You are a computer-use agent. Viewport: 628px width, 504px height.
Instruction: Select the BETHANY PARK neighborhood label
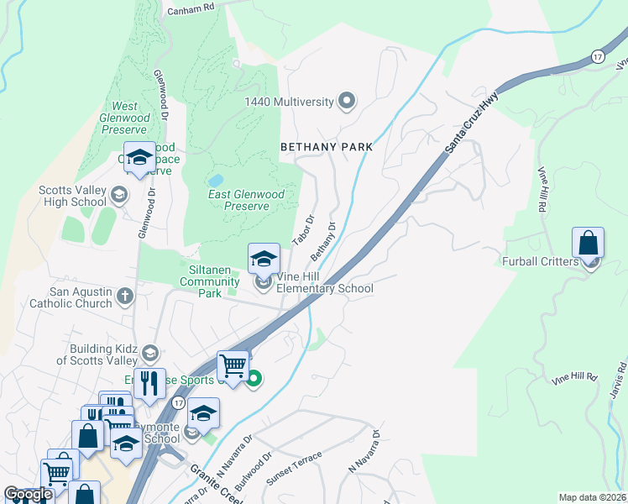coord(326,146)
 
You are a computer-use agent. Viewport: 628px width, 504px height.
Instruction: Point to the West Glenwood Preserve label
coord(125,113)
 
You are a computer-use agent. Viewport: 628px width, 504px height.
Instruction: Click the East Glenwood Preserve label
coord(246,200)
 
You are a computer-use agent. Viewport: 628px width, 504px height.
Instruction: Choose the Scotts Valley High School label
coord(72,196)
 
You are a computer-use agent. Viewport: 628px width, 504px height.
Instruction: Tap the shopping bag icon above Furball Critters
coord(589,243)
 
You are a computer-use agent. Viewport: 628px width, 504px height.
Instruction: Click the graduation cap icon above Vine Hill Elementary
coord(264,259)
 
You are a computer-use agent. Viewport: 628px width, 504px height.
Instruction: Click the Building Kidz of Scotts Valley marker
coord(149,351)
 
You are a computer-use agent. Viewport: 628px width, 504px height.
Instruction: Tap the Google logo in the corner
coord(28,495)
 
